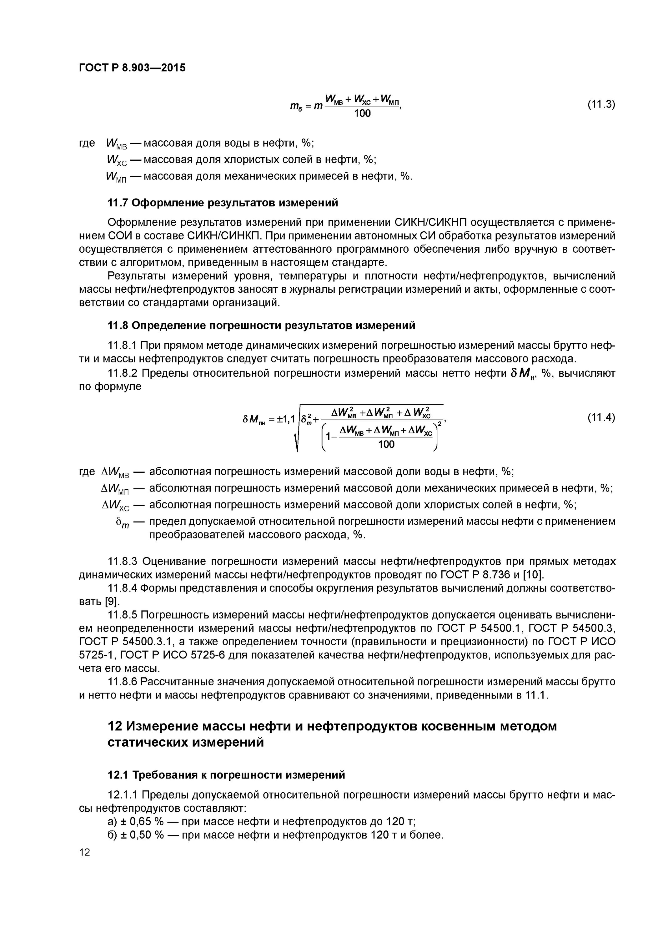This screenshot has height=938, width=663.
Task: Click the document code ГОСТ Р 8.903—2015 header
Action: click(132, 68)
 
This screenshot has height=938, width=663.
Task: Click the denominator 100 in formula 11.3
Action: click(362, 113)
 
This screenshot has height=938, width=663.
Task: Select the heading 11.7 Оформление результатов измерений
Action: click(223, 203)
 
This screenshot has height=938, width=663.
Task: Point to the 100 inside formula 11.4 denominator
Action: click(386, 445)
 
